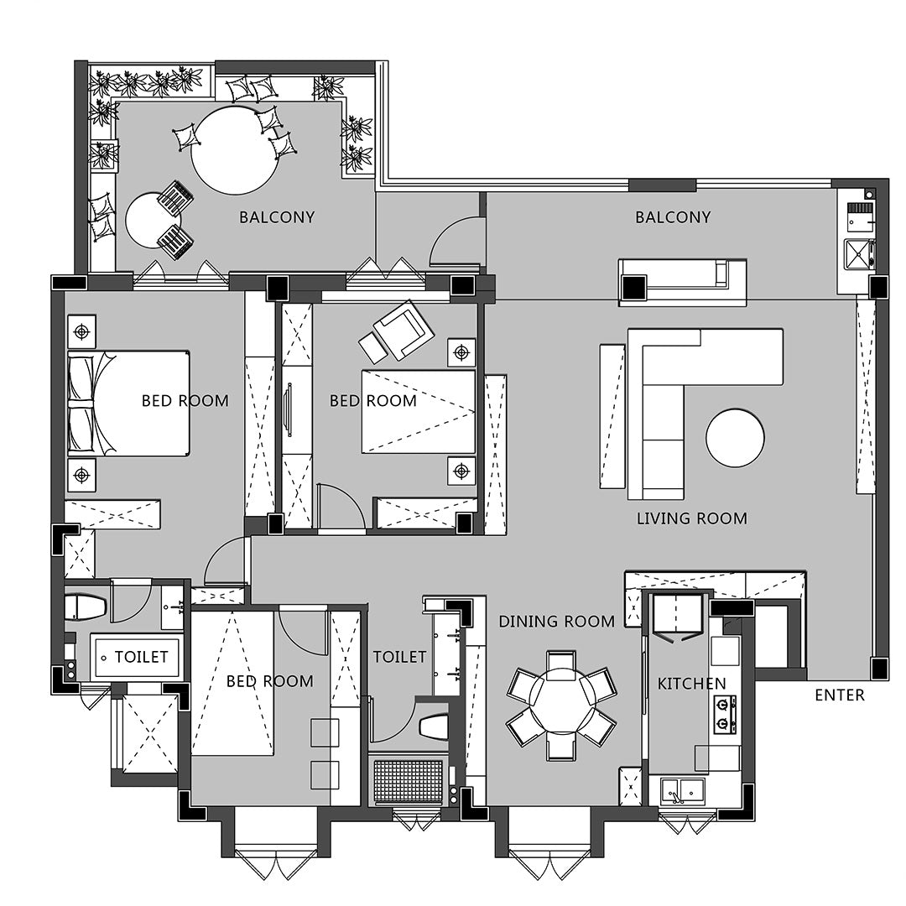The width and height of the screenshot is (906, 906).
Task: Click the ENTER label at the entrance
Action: tap(839, 695)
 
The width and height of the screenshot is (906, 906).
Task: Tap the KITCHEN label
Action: tap(691, 684)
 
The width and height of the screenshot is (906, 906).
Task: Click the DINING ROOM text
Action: tap(556, 621)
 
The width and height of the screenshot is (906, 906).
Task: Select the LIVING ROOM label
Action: tap(691, 518)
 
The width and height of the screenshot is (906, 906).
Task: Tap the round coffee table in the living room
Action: tap(735, 437)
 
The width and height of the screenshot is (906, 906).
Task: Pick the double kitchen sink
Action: tap(683, 789)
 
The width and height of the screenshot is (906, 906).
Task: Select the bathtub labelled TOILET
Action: tap(137, 657)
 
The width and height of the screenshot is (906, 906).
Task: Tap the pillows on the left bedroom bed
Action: tap(81, 404)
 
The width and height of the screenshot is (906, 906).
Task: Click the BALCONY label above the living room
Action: tap(673, 217)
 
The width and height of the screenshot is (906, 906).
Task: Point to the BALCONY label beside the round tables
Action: tap(277, 217)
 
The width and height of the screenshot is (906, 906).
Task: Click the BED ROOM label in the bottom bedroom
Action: tap(270, 681)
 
